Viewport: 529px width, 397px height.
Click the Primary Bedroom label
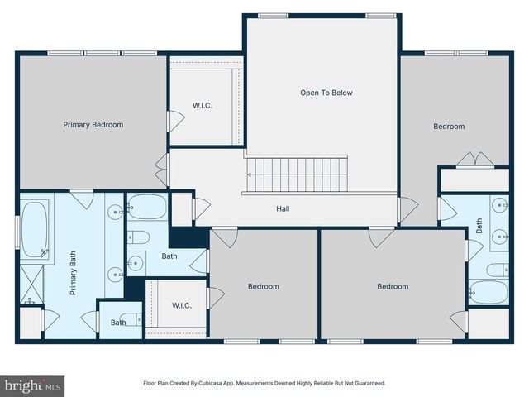pyautogui.click(x=93, y=125)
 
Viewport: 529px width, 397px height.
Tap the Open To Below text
pyautogui.click(x=326, y=93)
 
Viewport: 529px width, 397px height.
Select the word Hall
pyautogui.click(x=283, y=208)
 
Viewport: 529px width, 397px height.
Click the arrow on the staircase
pyautogui.click(x=251, y=175)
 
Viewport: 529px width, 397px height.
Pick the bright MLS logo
pyautogui.click(x=33, y=385)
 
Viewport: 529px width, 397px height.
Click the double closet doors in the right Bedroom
pyautogui.click(x=475, y=159)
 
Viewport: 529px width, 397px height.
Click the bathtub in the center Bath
pyautogui.click(x=147, y=207)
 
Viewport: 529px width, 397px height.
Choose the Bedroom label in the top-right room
pyautogui.click(x=449, y=127)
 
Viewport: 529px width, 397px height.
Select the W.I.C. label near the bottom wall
pyautogui.click(x=182, y=305)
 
